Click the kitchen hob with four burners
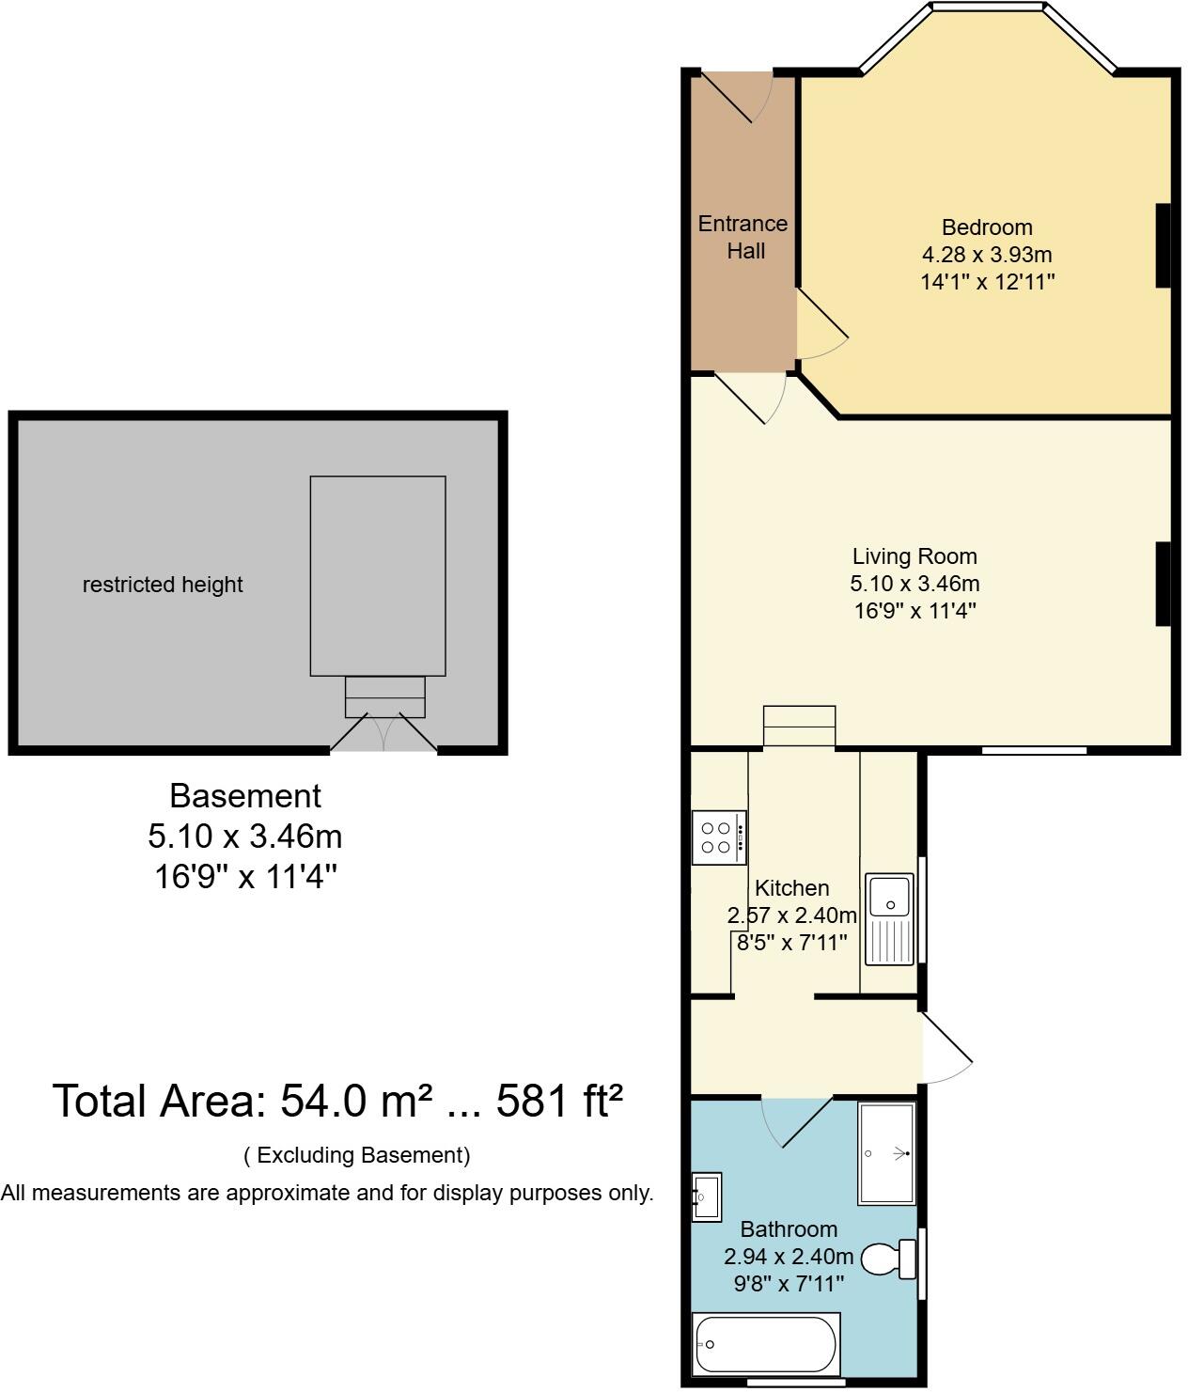point(720,837)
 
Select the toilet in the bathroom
point(888,1259)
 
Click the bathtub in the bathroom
point(766,1344)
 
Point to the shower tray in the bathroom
point(885,1153)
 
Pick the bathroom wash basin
point(706,1196)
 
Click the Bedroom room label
point(987,227)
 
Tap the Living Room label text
point(914,556)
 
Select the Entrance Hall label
point(743,237)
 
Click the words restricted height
point(163,585)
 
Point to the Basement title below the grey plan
point(245,796)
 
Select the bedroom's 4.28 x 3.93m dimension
point(987,255)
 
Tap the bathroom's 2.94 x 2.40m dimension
point(789,1257)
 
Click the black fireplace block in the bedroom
point(1163,245)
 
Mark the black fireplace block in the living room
point(1163,584)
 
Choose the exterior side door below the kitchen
point(946,1046)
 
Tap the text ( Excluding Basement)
point(357,1155)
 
